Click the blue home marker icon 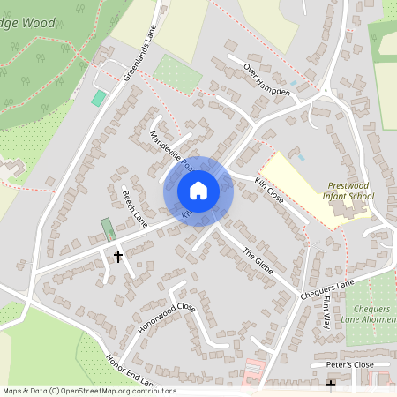198,190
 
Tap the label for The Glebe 259,260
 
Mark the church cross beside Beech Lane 118,256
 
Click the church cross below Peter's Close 332,385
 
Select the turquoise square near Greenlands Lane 99,97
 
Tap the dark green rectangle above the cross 108,229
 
